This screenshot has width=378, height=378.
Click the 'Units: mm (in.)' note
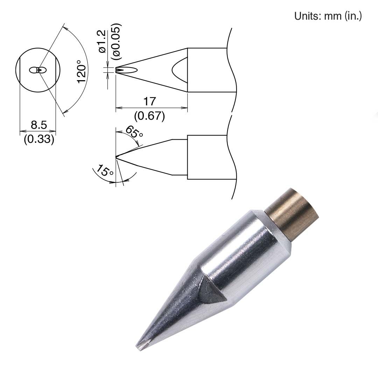tap(328, 16)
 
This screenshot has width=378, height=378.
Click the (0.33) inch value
tap(38, 139)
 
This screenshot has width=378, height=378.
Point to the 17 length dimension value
tap(149, 101)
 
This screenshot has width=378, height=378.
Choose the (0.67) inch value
tap(149, 115)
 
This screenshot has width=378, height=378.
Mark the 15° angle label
tap(105, 172)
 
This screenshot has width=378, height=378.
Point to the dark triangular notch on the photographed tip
tap(210, 292)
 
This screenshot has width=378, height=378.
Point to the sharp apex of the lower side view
tap(116, 157)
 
